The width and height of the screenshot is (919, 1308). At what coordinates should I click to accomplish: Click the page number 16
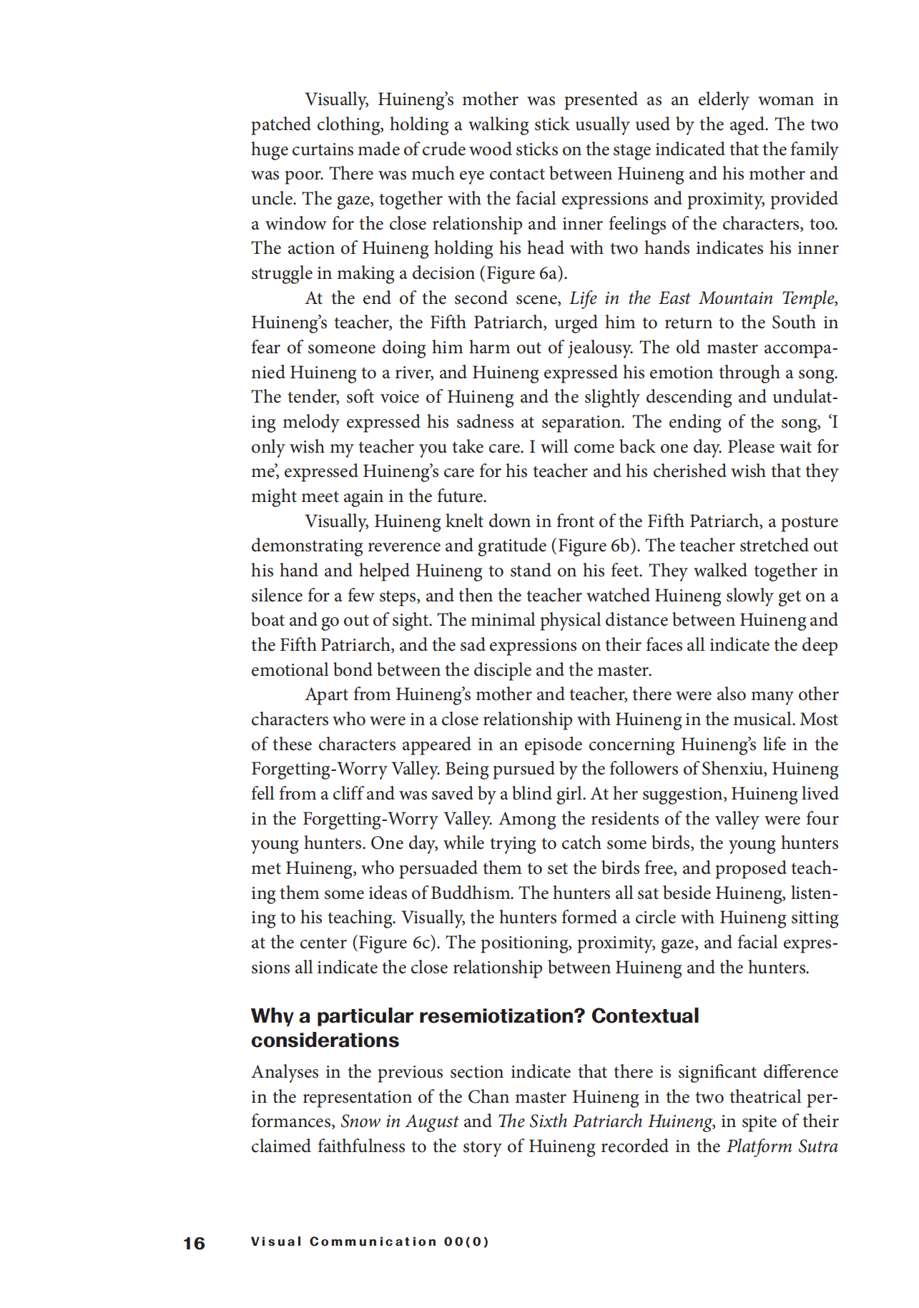pos(194,1243)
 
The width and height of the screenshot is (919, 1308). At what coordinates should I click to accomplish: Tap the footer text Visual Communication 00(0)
pos(370,1241)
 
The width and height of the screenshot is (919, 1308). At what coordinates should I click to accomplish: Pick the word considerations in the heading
pos(325,1041)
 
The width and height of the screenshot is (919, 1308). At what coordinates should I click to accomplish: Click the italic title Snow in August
pos(398,1121)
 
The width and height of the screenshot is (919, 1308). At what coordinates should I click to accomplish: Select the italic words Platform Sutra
pos(782,1146)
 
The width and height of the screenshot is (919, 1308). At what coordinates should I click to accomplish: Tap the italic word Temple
pos(808,298)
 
